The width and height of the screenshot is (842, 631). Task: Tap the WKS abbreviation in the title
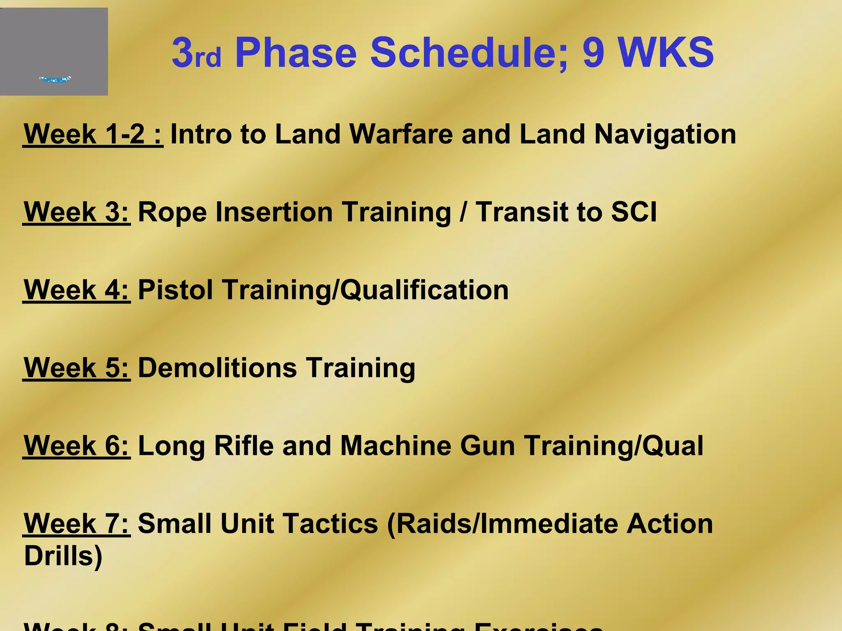coord(666,53)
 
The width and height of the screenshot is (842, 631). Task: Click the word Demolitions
coord(217,368)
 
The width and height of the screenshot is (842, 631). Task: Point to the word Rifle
coord(244,446)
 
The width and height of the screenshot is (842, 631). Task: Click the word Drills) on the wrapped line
coord(63,557)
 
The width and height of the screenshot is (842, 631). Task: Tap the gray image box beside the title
coord(54,52)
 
